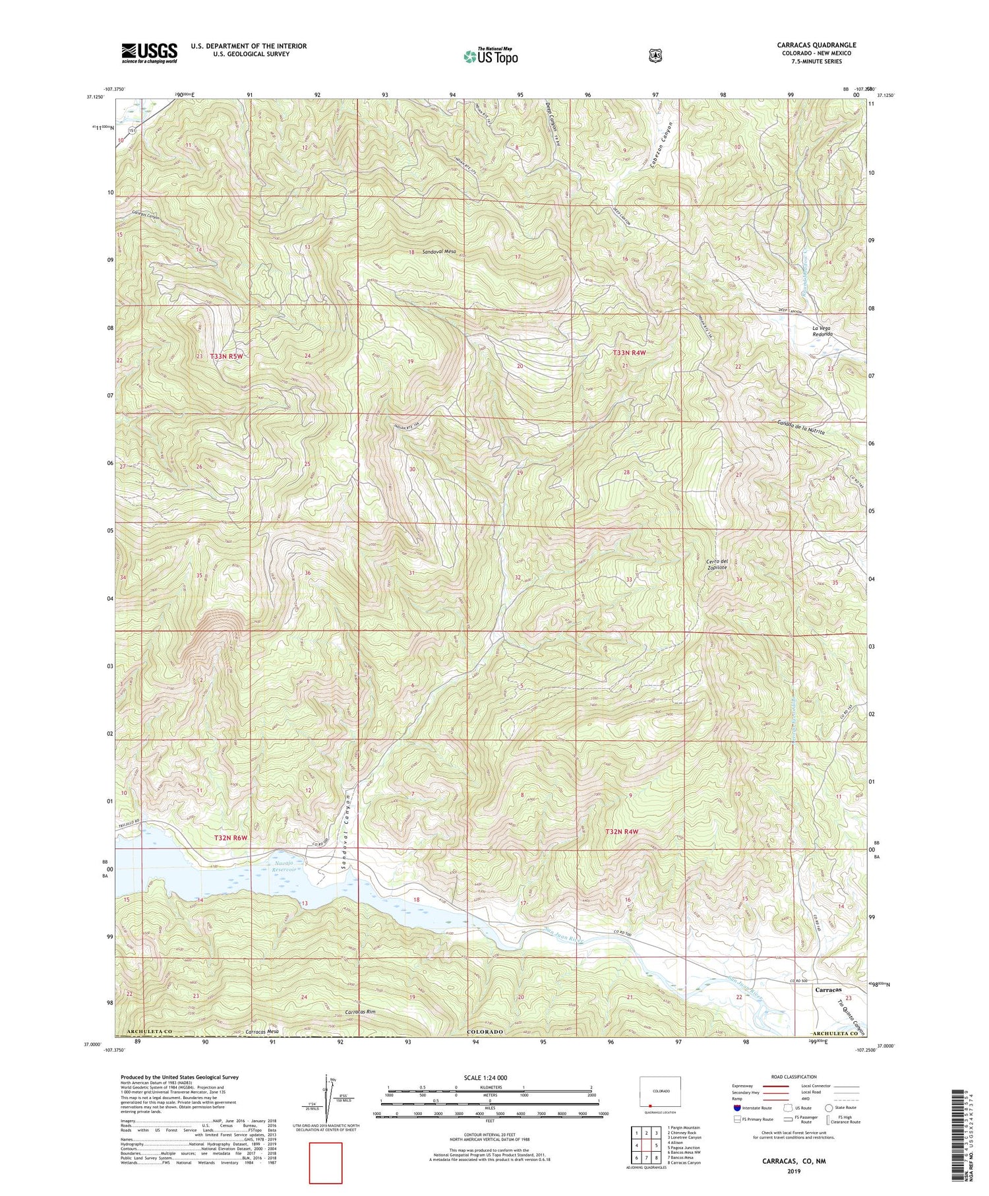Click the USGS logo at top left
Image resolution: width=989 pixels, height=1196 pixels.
coord(149,53)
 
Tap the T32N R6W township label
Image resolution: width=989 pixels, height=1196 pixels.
coord(231,837)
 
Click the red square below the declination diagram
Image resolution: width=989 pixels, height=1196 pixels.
coord(326,1163)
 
